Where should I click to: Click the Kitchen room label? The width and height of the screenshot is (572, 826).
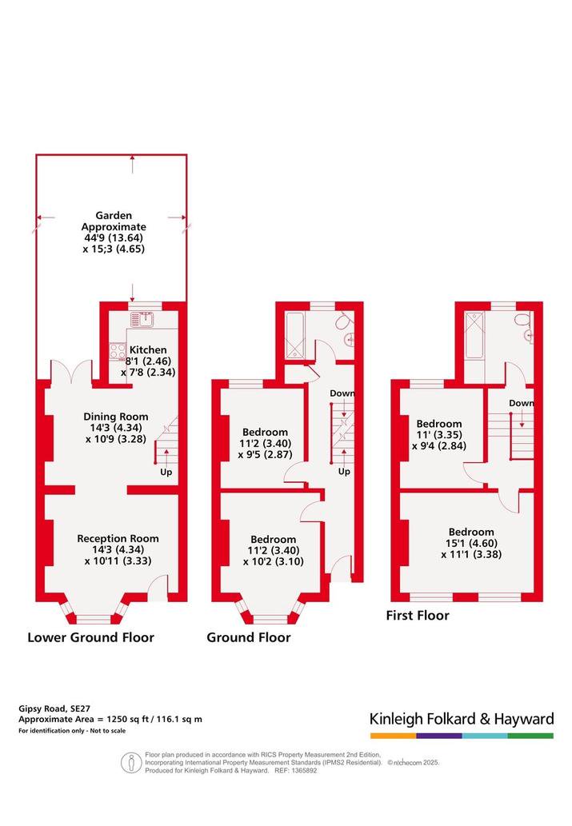click(x=148, y=349)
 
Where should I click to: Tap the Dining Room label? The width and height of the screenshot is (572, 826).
click(x=116, y=417)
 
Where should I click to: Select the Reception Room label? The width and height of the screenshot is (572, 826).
click(x=118, y=538)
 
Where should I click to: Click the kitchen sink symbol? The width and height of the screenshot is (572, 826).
click(x=142, y=319)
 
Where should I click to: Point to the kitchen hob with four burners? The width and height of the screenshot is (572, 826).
click(x=118, y=351)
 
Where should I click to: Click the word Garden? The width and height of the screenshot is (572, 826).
click(x=114, y=215)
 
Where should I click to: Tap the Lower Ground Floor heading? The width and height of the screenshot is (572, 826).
click(x=90, y=637)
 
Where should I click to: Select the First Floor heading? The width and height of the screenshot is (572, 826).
click(x=418, y=615)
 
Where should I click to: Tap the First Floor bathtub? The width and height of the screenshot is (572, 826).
click(x=474, y=335)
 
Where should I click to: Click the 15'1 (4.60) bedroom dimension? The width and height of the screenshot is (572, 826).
click(x=471, y=543)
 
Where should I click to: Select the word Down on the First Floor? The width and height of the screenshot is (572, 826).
click(x=522, y=403)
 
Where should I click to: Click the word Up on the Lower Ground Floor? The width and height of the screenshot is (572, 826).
click(x=166, y=472)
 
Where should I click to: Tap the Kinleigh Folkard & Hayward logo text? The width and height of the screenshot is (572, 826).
click(x=462, y=719)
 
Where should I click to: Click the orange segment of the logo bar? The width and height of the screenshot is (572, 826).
click(x=393, y=736)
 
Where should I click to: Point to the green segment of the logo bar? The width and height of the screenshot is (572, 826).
click(x=531, y=736)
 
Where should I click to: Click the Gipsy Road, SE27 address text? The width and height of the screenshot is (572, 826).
click(x=50, y=708)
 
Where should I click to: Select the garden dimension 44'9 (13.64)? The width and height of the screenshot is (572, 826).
click(x=114, y=237)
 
